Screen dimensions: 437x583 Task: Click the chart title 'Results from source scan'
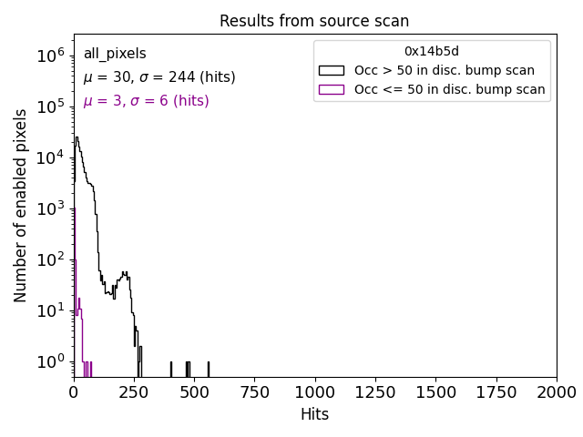[314, 21]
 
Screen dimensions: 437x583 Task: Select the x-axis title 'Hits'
[314, 414]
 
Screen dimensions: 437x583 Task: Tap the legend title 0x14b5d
[432, 52]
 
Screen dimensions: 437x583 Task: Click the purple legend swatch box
[332, 89]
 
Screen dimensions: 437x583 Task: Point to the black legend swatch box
[332, 70]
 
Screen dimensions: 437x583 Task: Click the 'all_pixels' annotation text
[115, 54]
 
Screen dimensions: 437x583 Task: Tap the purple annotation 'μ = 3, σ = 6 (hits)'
[146, 101]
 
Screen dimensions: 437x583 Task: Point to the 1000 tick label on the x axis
[315, 392]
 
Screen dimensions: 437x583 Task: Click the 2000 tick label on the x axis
[556, 392]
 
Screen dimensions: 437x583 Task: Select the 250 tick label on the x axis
[134, 392]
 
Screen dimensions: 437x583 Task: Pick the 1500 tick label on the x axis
[435, 392]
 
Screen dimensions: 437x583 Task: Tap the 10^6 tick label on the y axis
[49, 56]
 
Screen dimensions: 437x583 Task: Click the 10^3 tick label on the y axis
[49, 208]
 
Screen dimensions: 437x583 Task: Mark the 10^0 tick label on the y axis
[49, 362]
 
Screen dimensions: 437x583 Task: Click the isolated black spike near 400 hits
[170, 369]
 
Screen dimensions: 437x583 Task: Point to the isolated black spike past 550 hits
[209, 369]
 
